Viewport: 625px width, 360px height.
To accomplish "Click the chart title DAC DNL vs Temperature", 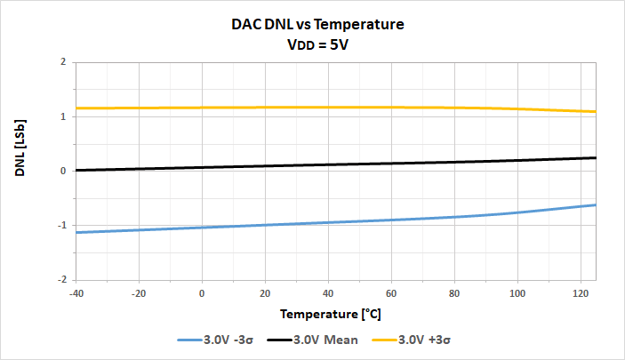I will (311, 25).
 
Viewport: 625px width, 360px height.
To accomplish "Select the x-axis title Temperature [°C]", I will (336, 314).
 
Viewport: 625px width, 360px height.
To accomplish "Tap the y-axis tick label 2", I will (63, 62).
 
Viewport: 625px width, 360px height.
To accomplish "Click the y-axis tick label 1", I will (63, 116).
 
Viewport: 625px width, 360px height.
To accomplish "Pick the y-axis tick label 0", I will (63, 171).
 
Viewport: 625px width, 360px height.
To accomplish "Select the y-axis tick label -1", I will (61, 225).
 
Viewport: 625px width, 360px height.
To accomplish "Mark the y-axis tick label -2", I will (61, 279).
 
